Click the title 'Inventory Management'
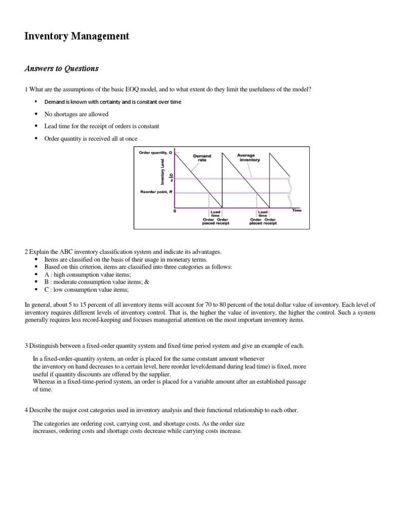(77, 36)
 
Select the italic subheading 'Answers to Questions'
(62, 68)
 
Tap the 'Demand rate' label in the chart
(202, 158)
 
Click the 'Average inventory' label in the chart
(249, 157)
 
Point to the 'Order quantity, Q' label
(155, 153)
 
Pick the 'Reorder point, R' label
(155, 192)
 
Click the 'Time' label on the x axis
(297, 211)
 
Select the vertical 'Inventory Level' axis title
(163, 172)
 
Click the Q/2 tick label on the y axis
(172, 179)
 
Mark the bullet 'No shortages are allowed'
(77, 114)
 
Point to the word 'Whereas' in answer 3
(45, 382)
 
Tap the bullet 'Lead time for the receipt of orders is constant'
(102, 126)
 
